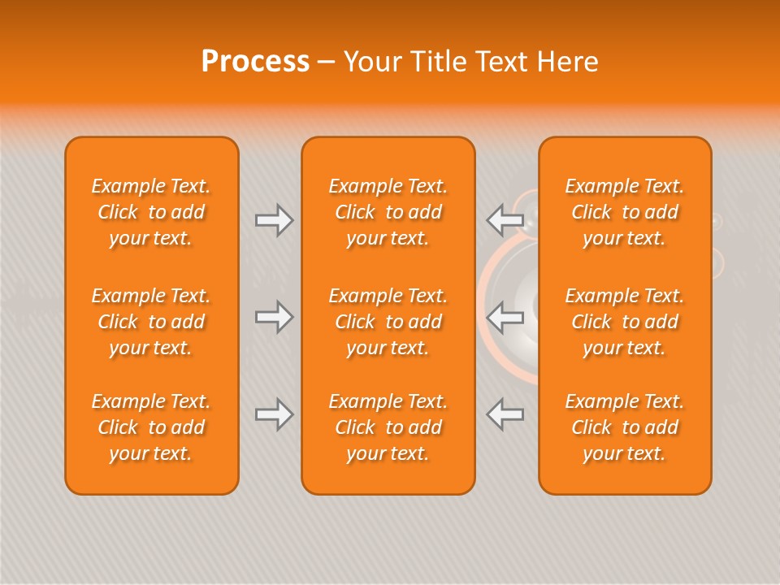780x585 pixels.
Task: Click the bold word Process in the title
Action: point(255,62)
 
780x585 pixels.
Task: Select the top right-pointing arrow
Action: point(274,220)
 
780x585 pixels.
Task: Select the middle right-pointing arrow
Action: point(274,317)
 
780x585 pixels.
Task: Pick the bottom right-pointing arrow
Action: point(274,414)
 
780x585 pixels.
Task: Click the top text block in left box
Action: point(151,212)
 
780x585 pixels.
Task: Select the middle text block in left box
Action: point(151,322)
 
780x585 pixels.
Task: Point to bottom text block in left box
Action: point(151,427)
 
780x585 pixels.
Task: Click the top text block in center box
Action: point(388,212)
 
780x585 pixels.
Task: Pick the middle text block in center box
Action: point(388,322)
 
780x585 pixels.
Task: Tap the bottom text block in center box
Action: point(388,427)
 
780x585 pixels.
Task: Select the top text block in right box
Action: point(625,212)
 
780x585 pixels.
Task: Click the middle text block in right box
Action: point(625,322)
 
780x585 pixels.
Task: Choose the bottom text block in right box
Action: point(625,427)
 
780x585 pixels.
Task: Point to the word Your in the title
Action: point(371,62)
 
